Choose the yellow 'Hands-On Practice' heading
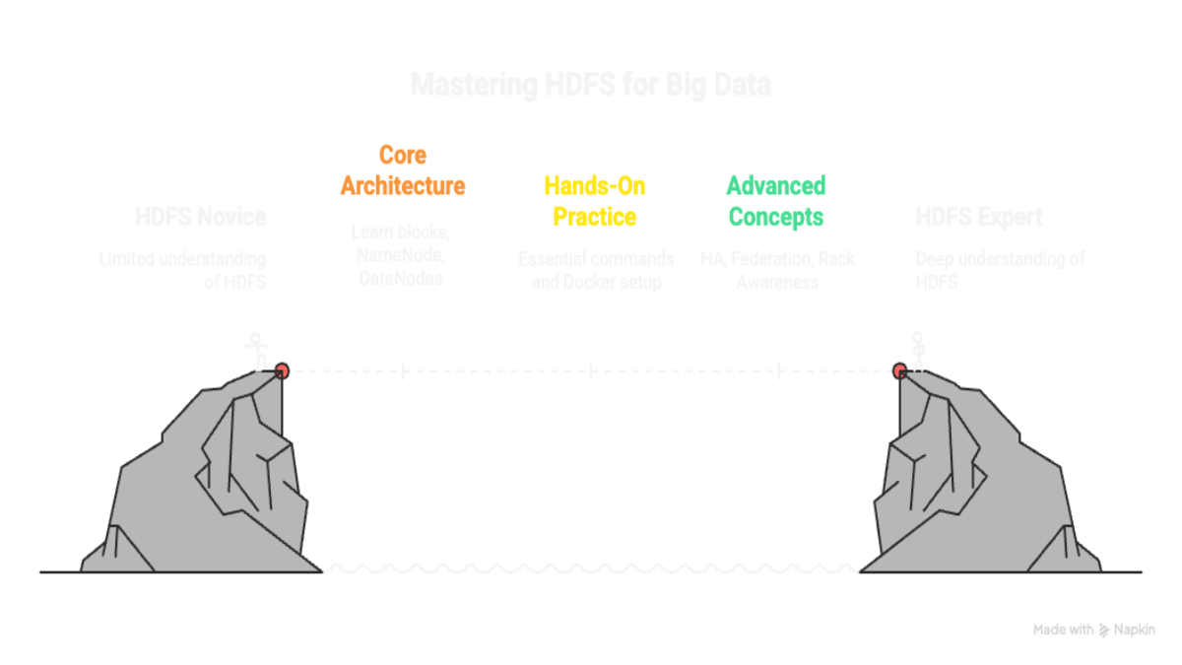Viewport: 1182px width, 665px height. coord(591,200)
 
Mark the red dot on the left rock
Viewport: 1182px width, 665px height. coord(282,371)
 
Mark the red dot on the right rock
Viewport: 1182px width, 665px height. coord(899,371)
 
